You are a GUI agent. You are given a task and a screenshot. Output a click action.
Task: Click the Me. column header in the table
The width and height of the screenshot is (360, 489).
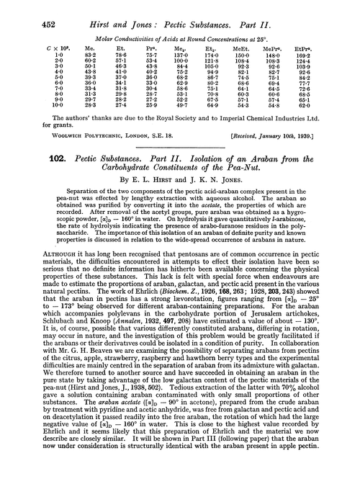pyautogui.click(x=70, y=43)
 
